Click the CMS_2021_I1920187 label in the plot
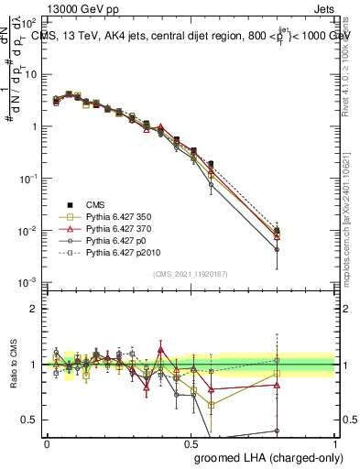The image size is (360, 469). tap(192, 274)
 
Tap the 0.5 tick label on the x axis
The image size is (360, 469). tap(191, 442)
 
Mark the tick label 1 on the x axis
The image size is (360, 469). tap(335, 442)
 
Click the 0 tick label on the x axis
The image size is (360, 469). tap(47, 442)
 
